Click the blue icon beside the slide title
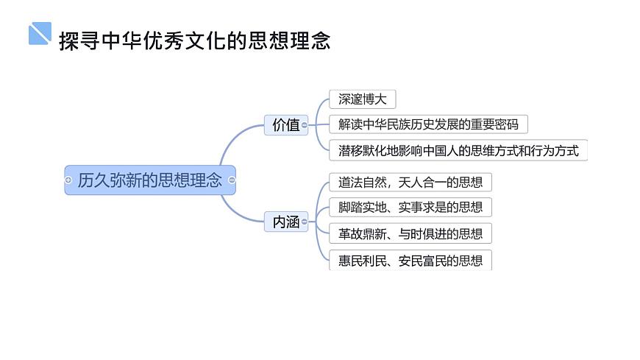40,33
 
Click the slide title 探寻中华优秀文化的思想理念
194,40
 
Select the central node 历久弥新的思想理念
149,180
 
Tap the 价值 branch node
285,125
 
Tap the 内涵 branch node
285,222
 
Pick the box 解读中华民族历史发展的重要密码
428,124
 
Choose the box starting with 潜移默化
458,151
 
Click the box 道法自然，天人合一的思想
410,182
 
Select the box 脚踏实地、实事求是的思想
410,208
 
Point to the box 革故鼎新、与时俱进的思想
410,234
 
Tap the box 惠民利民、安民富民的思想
410,260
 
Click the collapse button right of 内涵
305,222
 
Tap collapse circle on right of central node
232,180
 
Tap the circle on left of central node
68,180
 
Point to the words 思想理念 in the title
302,40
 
